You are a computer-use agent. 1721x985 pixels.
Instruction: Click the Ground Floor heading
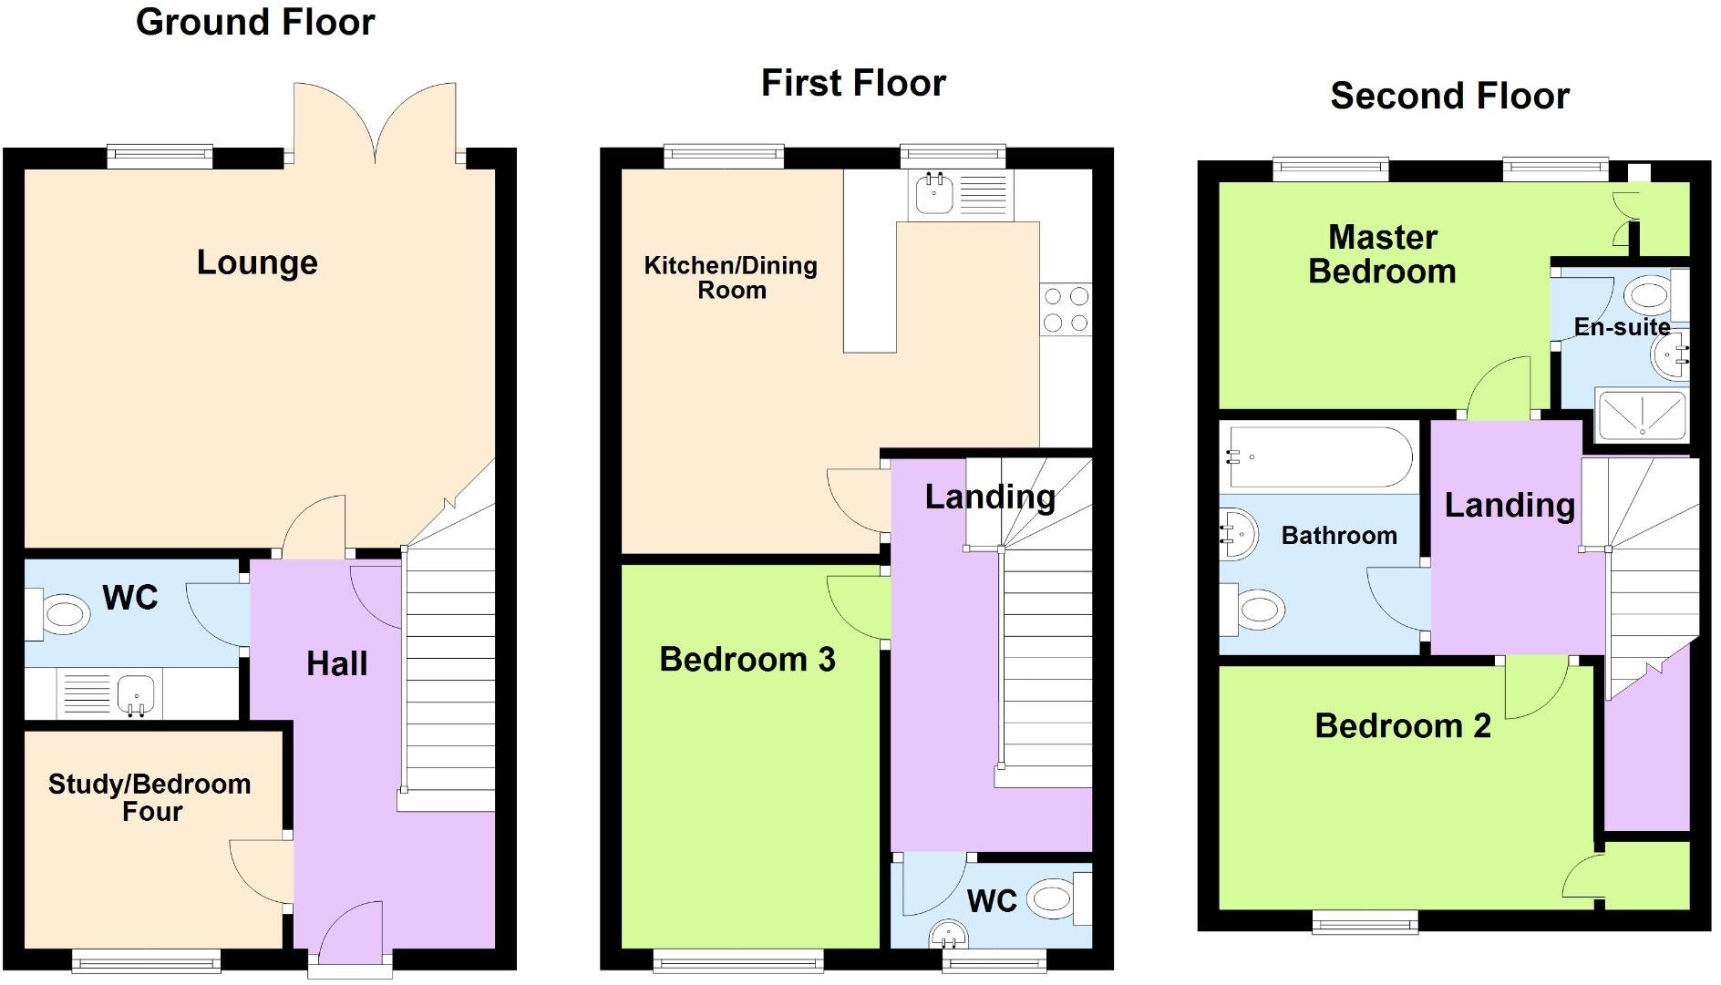pos(255,22)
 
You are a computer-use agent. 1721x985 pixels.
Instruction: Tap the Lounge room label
pos(257,262)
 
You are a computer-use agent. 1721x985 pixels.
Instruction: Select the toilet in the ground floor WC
pos(64,614)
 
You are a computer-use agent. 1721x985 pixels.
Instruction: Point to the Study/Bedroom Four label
pos(150,797)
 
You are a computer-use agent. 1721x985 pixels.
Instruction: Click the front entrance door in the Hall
pos(350,934)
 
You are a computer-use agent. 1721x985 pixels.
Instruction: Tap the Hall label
pos(336,663)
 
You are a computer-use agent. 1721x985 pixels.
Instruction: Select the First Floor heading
pos(853,83)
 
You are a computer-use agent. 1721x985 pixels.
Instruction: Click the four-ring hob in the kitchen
pos(1066,309)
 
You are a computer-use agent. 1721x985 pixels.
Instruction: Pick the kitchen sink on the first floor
pos(934,192)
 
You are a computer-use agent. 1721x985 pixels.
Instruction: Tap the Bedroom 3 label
pos(747,659)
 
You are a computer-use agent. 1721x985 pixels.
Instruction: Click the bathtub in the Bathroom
pos(1318,456)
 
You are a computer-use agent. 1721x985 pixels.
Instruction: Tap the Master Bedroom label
pos(1382,254)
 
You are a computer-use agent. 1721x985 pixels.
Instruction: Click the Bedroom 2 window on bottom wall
pos(1365,922)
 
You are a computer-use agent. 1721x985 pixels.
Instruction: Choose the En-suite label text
pos(1622,326)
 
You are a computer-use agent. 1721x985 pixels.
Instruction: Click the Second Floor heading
pos(1449,96)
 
